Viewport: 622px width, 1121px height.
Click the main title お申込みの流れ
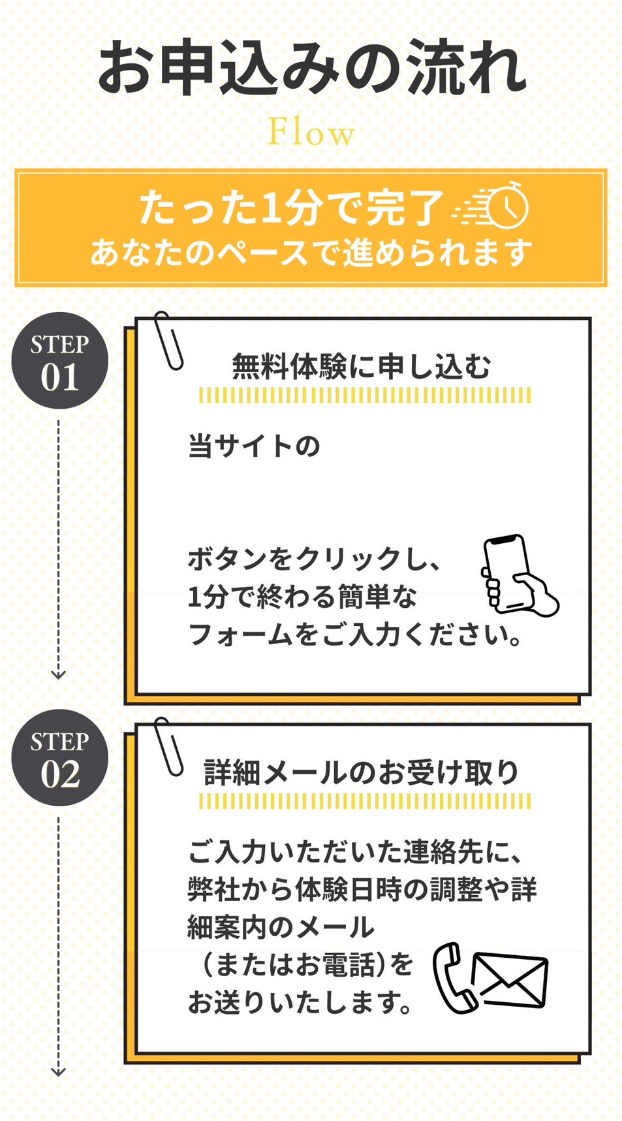coord(312,67)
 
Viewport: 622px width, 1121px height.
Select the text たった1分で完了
coord(291,208)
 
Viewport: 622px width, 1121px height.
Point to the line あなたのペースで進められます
coord(311,252)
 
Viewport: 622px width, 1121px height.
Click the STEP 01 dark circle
coord(59,361)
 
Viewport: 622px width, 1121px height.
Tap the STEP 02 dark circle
coord(59,758)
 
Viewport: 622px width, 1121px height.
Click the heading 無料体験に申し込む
coord(362,366)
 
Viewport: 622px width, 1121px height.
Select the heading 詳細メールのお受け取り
coord(362,772)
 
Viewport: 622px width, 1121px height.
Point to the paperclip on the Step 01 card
coord(168,341)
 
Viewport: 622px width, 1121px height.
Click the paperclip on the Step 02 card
coord(168,747)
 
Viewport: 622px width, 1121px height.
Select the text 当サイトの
coord(254,447)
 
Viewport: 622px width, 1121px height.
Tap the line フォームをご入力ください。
coord(355,635)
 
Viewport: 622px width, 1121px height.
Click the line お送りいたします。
coord(300,1003)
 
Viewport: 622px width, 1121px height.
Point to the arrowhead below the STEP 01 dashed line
coord(58,674)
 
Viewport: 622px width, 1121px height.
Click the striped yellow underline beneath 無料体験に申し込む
coord(365,395)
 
